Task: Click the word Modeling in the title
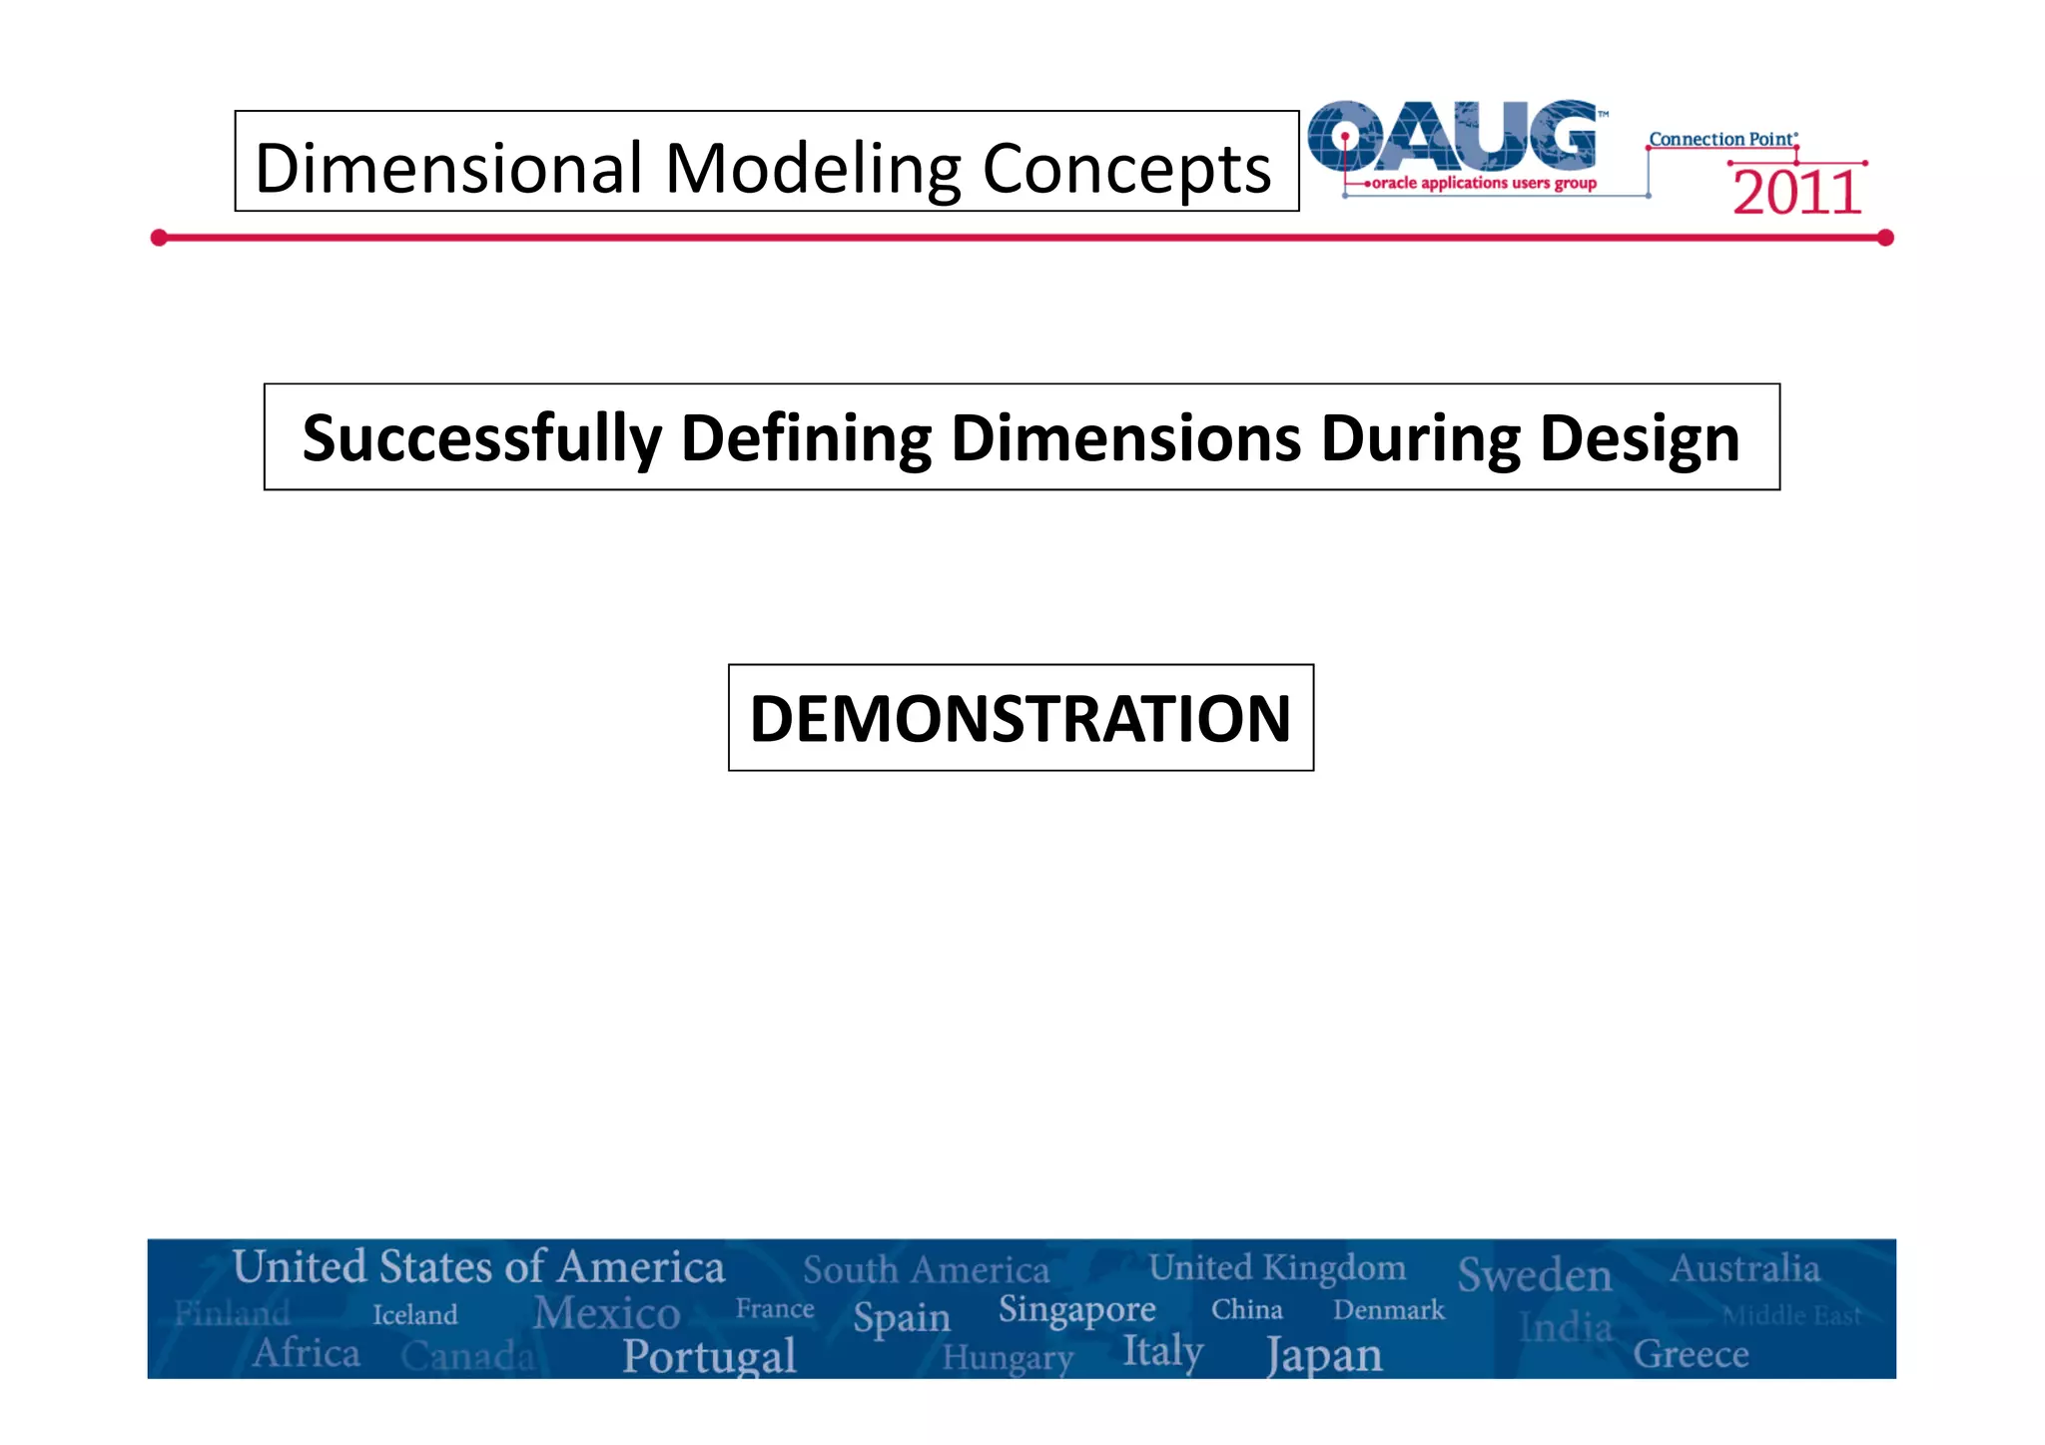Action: [x=813, y=168]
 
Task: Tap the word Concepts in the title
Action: [x=1126, y=168]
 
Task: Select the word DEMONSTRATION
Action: [x=1021, y=718]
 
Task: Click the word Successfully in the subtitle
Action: [x=481, y=438]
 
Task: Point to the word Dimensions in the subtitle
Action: [x=1125, y=438]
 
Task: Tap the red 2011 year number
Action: [x=1796, y=193]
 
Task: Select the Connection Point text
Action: [x=1721, y=139]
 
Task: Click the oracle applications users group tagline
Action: [x=1484, y=184]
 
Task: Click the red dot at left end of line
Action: [x=159, y=238]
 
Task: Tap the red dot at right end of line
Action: [x=1885, y=238]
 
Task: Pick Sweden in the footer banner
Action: [x=1534, y=1275]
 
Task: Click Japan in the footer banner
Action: [x=1324, y=1355]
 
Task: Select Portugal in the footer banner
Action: [x=709, y=1355]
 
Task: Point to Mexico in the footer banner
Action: [x=606, y=1312]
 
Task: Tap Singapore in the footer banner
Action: [x=1076, y=1309]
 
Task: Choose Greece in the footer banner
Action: [x=1691, y=1354]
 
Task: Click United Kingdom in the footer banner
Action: [x=1277, y=1267]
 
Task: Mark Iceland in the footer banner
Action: [x=414, y=1314]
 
